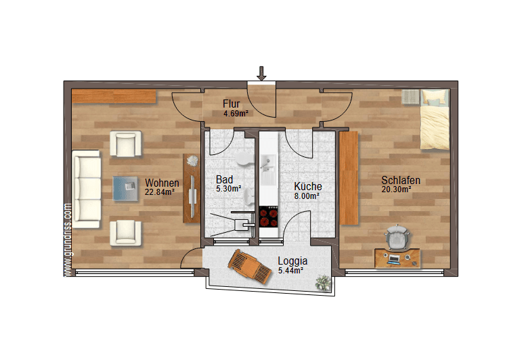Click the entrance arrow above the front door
(262, 73)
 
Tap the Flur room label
(231, 104)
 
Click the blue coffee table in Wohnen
(126, 187)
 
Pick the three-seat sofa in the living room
(87, 188)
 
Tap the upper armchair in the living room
(127, 143)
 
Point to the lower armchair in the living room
(127, 231)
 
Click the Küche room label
(307, 186)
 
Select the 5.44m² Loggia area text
(290, 270)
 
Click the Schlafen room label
(401, 181)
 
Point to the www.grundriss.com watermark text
(68, 240)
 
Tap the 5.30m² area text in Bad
(228, 189)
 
